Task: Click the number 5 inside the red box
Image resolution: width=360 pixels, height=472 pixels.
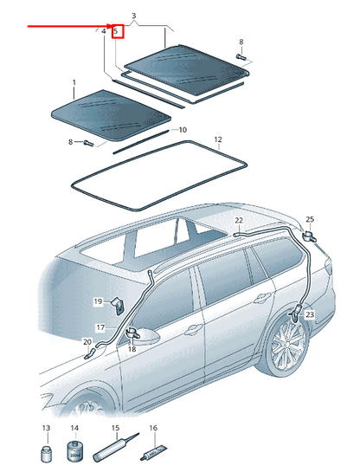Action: [x=116, y=32]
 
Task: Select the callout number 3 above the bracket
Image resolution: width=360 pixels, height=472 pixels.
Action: [x=133, y=16]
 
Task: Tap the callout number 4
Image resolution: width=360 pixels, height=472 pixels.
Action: [x=103, y=32]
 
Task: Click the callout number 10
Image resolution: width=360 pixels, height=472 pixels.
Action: [x=182, y=130]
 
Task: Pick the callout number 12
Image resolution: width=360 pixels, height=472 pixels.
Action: [x=218, y=139]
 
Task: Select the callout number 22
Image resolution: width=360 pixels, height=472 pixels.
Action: [x=239, y=222]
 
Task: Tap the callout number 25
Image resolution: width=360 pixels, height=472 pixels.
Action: [x=310, y=220]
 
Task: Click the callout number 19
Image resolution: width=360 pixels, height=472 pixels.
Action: [x=99, y=301]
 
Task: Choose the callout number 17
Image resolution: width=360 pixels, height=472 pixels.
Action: [x=100, y=327]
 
